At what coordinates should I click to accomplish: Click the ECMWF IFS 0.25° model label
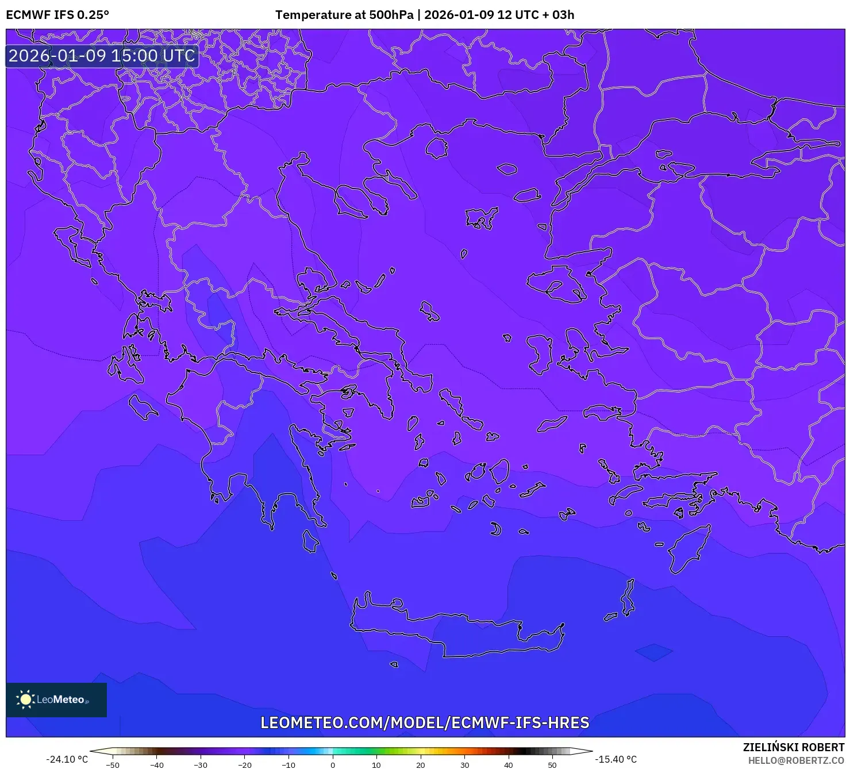click(x=57, y=15)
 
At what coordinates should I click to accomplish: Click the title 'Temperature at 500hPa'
click(x=344, y=15)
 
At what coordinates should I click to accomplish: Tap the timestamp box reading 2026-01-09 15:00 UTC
click(x=102, y=56)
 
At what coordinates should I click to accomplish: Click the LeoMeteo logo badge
click(x=56, y=699)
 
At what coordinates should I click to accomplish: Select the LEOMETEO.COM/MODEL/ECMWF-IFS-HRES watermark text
click(x=425, y=722)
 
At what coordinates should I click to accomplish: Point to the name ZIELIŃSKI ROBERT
click(x=793, y=747)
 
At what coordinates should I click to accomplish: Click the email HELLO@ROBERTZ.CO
click(x=796, y=760)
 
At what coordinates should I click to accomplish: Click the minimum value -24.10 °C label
click(x=67, y=759)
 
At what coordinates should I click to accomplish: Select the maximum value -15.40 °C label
click(x=616, y=759)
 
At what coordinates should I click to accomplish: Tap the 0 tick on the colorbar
click(x=333, y=764)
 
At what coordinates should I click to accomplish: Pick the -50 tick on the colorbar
click(x=113, y=764)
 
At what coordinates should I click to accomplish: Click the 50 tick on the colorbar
click(x=552, y=764)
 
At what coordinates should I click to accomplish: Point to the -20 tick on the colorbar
click(x=245, y=764)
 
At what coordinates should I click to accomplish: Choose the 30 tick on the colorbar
click(x=464, y=764)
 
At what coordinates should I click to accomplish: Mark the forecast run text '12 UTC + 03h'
click(x=535, y=15)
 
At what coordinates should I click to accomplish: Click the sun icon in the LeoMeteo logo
click(x=25, y=699)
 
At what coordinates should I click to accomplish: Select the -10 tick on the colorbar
click(x=289, y=764)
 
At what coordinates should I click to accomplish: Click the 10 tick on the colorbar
click(x=376, y=764)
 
